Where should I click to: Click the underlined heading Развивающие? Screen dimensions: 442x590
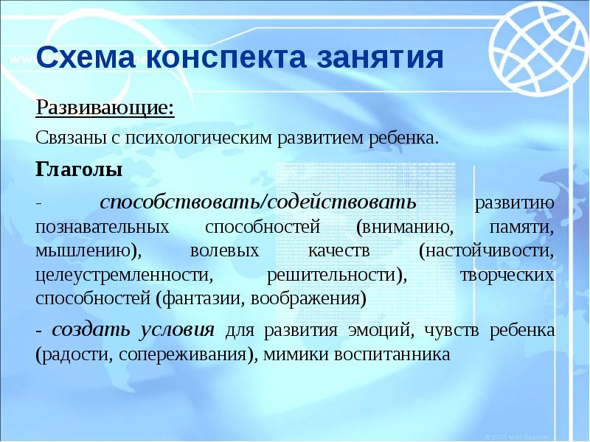(105, 109)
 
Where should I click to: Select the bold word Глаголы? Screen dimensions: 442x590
(79, 169)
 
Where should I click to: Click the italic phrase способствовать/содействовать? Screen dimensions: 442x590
(258, 201)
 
